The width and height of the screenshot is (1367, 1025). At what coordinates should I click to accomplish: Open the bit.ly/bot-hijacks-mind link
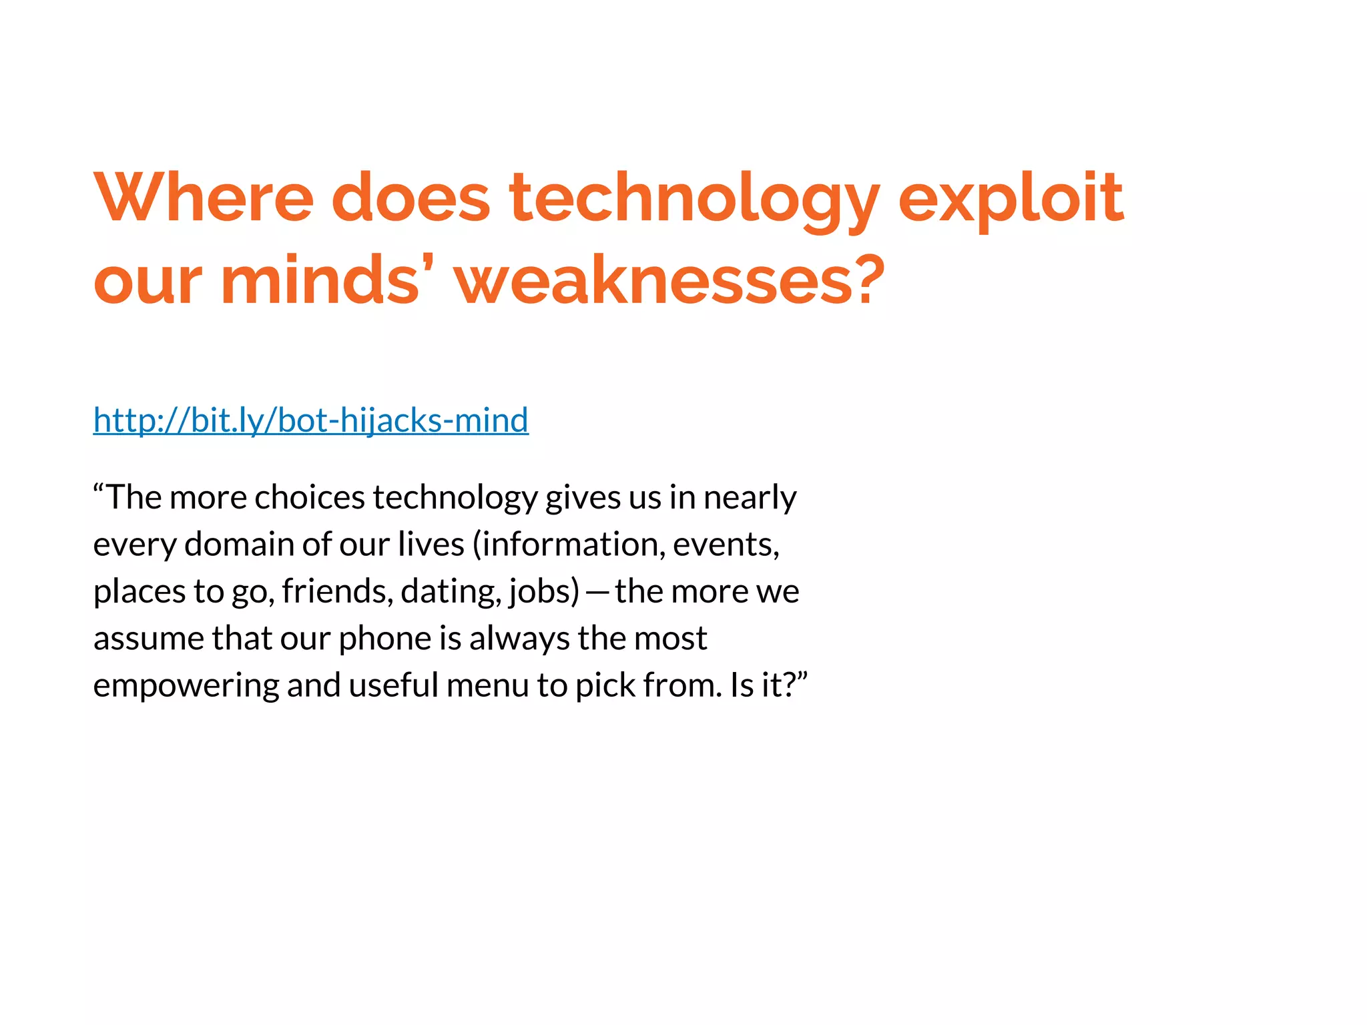pyautogui.click(x=311, y=420)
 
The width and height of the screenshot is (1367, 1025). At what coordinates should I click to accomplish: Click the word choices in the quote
pyautogui.click(x=310, y=497)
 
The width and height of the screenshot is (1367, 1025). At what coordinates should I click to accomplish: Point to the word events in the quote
pyautogui.click(x=724, y=545)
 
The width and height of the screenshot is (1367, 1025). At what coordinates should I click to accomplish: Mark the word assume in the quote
pyautogui.click(x=148, y=639)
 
